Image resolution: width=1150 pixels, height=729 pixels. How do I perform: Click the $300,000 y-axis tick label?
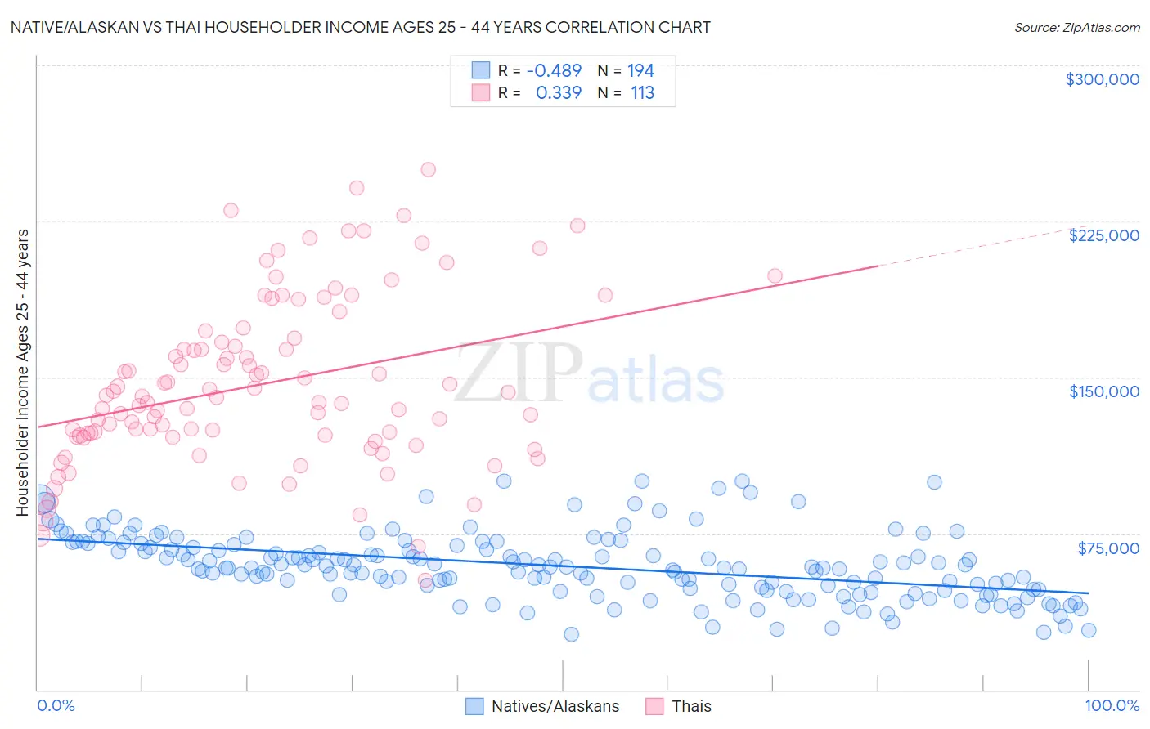1102,79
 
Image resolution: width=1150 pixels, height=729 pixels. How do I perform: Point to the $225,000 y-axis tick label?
1103,235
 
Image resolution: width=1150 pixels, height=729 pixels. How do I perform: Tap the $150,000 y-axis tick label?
1103,391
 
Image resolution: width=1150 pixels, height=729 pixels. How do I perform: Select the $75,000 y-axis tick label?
1107,548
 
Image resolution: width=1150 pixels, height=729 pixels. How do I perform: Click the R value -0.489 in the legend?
554,71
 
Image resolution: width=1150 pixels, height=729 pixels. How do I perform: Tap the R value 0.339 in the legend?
559,93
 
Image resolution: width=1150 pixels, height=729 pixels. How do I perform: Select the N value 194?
640,71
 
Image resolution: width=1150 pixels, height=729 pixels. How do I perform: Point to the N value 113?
642,93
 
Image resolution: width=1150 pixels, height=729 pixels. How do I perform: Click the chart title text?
361,27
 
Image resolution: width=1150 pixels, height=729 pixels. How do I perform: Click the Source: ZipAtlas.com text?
1076,27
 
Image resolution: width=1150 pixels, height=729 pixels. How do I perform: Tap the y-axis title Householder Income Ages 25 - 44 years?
23,372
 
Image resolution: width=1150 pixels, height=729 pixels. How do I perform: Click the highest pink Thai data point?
428,170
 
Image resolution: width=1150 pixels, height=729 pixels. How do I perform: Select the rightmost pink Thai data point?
775,276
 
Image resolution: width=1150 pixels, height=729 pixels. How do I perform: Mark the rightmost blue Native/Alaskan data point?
1088,630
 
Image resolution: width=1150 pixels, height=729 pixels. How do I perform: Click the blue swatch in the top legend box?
480,71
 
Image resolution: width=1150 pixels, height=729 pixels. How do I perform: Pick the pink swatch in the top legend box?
480,93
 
